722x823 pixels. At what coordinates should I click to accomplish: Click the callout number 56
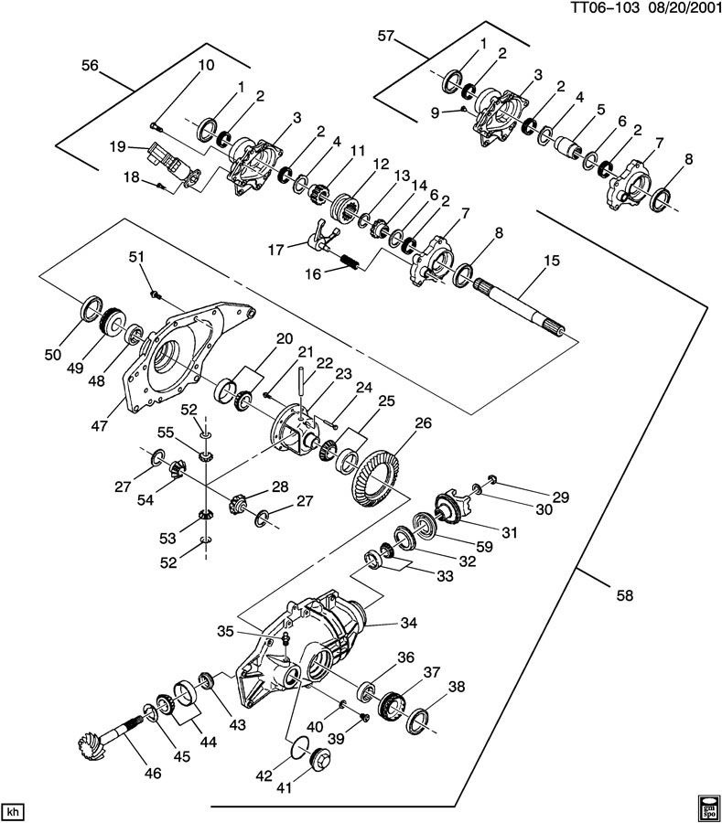(x=90, y=65)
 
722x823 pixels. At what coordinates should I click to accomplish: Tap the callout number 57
(x=385, y=37)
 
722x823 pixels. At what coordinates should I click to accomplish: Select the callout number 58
(x=625, y=595)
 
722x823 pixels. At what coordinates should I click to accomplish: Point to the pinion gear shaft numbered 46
(x=110, y=732)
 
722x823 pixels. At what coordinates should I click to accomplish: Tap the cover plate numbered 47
(x=178, y=358)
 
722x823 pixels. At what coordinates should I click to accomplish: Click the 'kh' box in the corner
(x=13, y=809)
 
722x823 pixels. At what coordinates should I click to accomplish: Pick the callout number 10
(x=205, y=65)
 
